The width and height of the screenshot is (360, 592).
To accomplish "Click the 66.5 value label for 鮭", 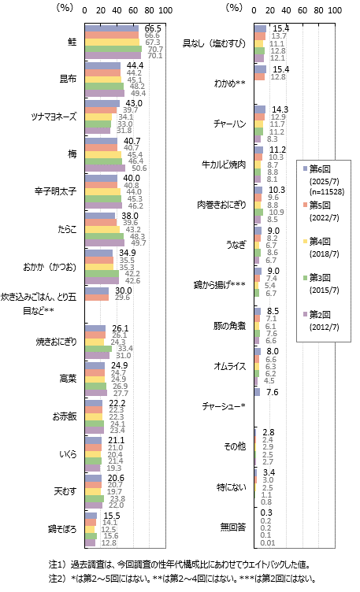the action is pyautogui.click(x=153, y=28).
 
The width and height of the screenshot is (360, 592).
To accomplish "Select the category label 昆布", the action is pyautogui.click(x=68, y=79).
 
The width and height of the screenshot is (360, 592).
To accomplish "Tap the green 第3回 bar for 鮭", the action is pyautogui.click(x=113, y=49).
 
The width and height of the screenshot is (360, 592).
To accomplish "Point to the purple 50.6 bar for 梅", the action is pyautogui.click(x=105, y=168).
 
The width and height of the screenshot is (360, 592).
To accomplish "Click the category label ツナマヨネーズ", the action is pyautogui.click(x=54, y=117).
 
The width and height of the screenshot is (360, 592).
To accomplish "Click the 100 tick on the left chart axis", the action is pyautogui.click(x=165, y=10).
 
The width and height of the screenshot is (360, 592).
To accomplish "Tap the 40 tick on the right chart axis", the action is pyautogui.click(x=286, y=10).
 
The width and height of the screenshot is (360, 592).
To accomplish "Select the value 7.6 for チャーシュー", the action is pyautogui.click(x=272, y=392).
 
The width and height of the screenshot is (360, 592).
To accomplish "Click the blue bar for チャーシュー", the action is pyautogui.click(x=258, y=392).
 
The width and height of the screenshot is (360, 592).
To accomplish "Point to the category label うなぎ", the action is pyautogui.click(x=236, y=245).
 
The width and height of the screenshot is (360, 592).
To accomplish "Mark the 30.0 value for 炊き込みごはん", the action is pyautogui.click(x=124, y=290).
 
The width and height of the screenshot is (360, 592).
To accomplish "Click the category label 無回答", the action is pyautogui.click(x=233, y=527).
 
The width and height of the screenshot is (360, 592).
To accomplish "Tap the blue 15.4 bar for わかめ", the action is pyautogui.click(x=260, y=69).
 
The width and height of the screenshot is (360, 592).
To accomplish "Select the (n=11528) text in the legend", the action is pyautogui.click(x=327, y=192).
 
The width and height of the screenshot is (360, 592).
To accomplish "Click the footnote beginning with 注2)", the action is pyautogui.click(x=183, y=579).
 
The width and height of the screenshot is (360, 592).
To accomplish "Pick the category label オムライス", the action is pyautogui.click(x=230, y=366).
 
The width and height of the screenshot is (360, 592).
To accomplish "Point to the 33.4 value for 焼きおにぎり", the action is pyautogui.click(x=125, y=349).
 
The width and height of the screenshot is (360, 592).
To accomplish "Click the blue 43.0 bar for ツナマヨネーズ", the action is pyautogui.click(x=102, y=103).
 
